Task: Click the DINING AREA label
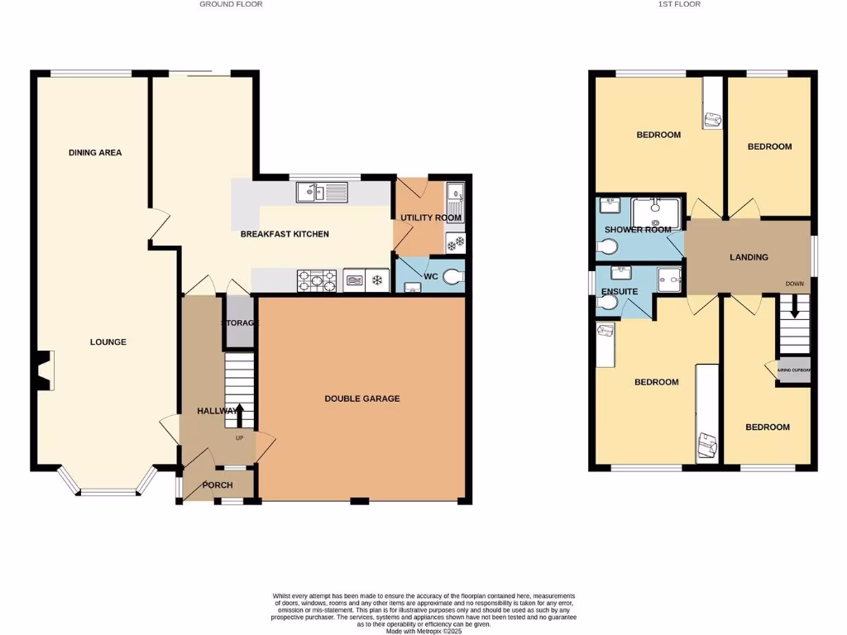[95, 152]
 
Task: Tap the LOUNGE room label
[108, 341]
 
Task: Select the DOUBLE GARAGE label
[361, 399]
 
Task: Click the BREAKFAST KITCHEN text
[285, 234]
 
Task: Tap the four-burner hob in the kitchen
[317, 281]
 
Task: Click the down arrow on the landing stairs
[795, 308]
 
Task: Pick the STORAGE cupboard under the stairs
[240, 322]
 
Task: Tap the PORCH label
[218, 485]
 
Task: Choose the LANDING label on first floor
[749, 257]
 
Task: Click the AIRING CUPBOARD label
[794, 371]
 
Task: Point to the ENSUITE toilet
[605, 303]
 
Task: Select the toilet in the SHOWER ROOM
[606, 246]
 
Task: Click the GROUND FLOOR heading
[231, 4]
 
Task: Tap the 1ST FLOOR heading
[678, 4]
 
